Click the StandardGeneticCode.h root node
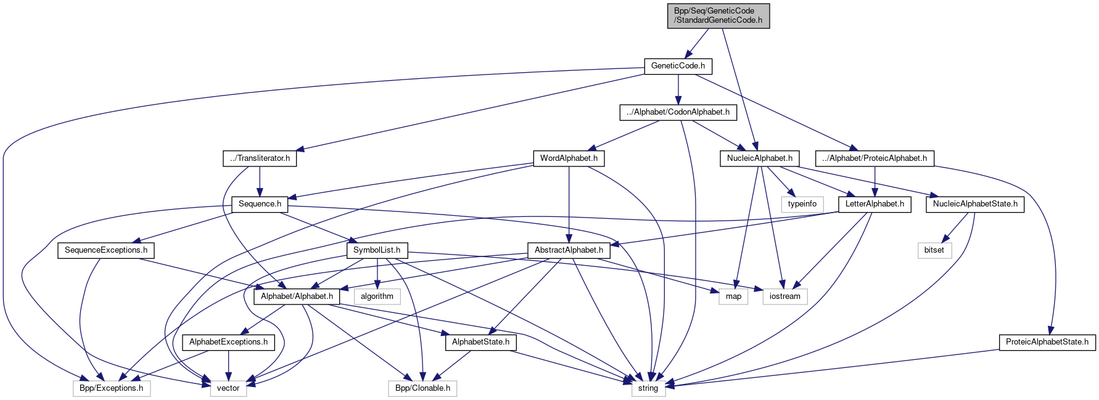(718, 15)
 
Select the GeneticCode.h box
(678, 66)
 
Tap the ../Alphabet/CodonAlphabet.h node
(678, 112)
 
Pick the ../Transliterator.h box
(260, 158)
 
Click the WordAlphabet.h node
(569, 158)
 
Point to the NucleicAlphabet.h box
(759, 158)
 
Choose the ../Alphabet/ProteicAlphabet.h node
(874, 158)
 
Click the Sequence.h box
(260, 204)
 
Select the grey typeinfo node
(802, 204)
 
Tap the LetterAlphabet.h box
(875, 204)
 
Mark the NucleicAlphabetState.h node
(974, 204)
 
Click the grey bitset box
(934, 250)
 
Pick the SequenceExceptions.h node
(106, 250)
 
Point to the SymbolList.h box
(377, 250)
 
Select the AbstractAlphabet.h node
(569, 250)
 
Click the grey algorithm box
(377, 296)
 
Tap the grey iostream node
(784, 296)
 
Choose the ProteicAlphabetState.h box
(1047, 342)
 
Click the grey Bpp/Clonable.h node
(422, 388)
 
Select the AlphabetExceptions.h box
(228, 342)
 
